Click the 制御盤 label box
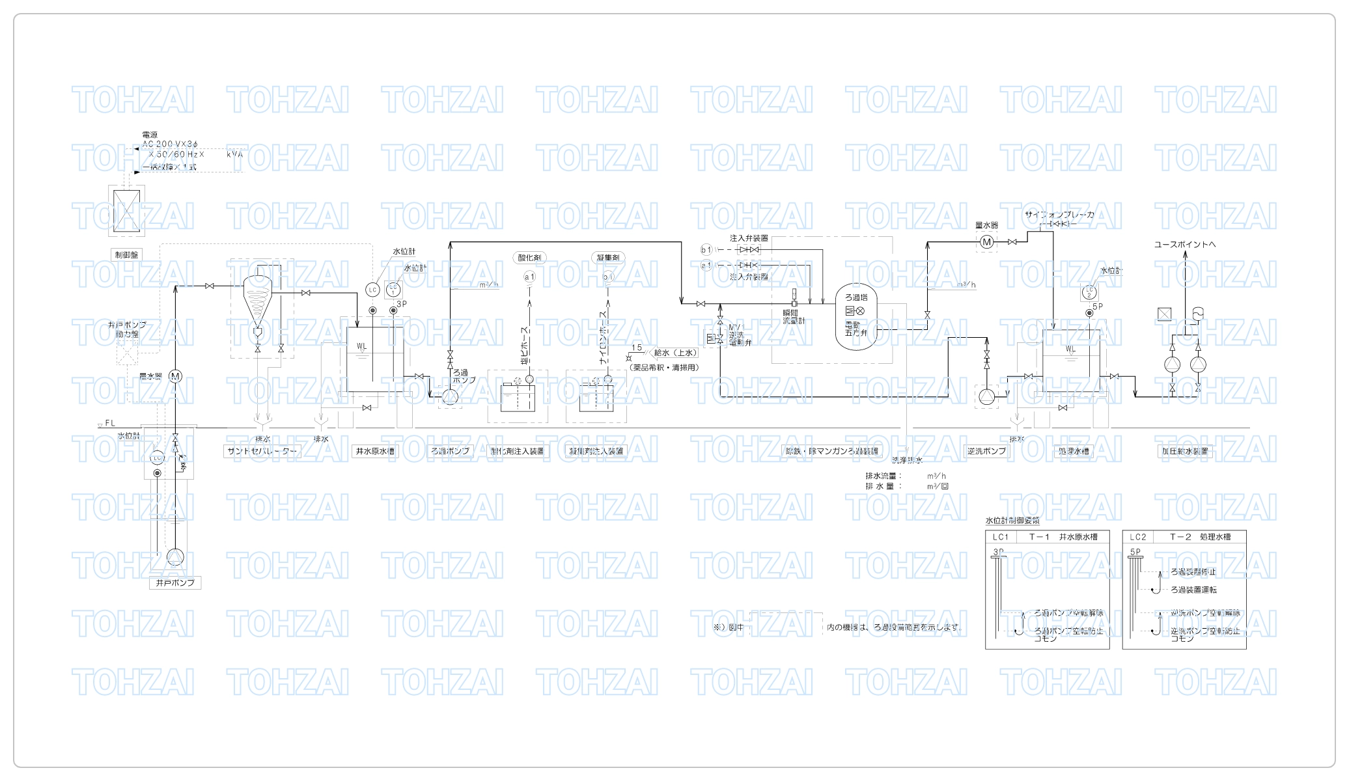point(126,254)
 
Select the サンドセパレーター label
point(262,451)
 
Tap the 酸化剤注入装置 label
point(518,451)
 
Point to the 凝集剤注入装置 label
point(596,451)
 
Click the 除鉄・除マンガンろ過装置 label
point(831,451)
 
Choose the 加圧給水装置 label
point(1185,451)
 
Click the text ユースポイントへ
point(1185,245)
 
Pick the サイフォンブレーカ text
point(1059,215)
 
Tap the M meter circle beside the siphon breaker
point(987,242)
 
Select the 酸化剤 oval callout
point(529,258)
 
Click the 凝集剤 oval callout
point(608,258)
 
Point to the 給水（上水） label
point(675,353)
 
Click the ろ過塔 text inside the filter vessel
point(856,297)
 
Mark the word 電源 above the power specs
point(150,135)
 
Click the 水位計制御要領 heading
point(1012,521)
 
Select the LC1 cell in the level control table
point(1001,537)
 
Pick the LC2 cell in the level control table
point(1138,537)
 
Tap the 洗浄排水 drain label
point(907,460)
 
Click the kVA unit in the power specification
point(234,155)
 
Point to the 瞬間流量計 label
point(793,317)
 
